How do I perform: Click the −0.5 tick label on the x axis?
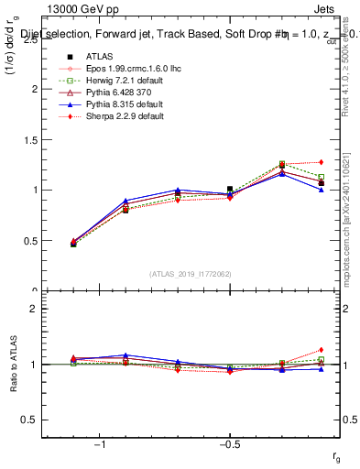[229, 444]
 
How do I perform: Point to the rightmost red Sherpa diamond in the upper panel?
[321, 162]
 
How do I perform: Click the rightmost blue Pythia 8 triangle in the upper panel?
[321, 190]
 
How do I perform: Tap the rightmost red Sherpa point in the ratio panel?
[321, 350]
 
